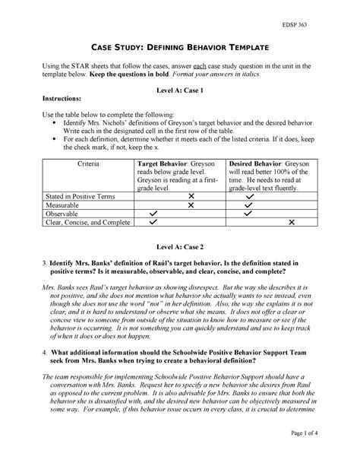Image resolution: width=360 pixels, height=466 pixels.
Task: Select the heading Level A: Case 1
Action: pyautogui.click(x=179, y=90)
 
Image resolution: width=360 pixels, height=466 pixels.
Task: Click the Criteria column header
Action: pyautogui.click(x=90, y=163)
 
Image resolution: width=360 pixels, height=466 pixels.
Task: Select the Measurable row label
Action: pyautogui.click(x=64, y=204)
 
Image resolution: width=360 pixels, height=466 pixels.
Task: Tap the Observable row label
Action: pyautogui.click(x=64, y=214)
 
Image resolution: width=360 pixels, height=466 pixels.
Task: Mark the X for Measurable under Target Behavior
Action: pyautogui.click(x=191, y=204)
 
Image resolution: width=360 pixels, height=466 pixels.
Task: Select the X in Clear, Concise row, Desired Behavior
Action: pyautogui.click(x=291, y=223)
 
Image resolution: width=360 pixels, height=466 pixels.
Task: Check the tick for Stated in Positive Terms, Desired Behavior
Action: pyautogui.click(x=248, y=195)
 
